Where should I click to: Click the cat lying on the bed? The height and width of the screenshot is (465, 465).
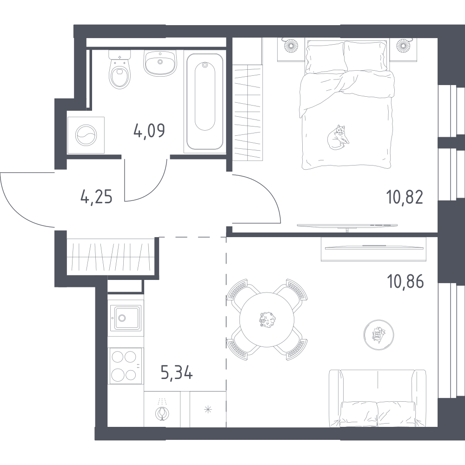(x=338, y=137)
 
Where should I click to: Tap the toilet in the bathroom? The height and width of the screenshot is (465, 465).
(x=120, y=69)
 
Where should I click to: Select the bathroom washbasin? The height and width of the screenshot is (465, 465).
(x=160, y=62)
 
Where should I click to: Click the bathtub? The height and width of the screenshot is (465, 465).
(x=205, y=101)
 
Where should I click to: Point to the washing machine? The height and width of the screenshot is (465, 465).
(x=86, y=135)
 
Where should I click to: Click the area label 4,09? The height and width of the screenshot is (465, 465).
(x=149, y=131)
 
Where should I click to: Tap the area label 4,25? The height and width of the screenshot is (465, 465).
(x=96, y=197)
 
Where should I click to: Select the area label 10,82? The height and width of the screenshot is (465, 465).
(x=405, y=197)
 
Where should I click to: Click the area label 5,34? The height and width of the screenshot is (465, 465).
(x=177, y=372)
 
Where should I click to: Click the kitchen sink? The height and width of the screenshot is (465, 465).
(x=126, y=318)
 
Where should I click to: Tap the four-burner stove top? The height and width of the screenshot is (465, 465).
(x=126, y=365)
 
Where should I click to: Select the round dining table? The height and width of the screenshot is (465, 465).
(x=267, y=320)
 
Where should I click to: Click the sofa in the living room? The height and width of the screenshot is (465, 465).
(x=378, y=399)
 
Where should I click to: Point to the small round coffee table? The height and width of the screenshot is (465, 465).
(x=379, y=335)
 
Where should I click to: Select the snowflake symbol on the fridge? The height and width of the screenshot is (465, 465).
(x=208, y=410)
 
